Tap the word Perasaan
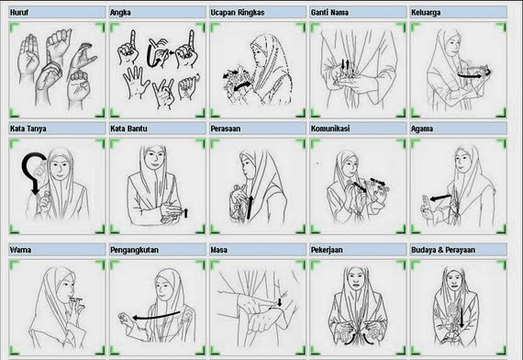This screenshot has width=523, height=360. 226,129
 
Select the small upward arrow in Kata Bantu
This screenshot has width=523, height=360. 186,213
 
